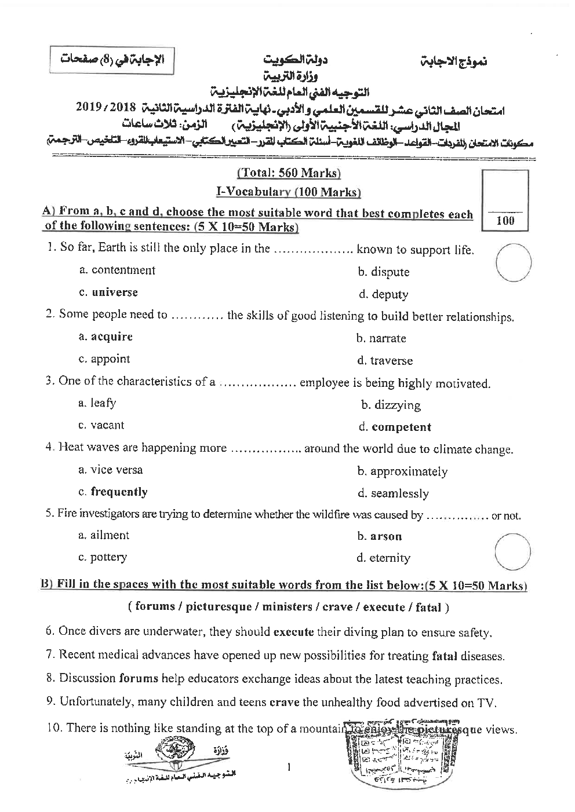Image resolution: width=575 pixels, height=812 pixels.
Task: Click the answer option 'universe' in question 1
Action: (x=114, y=292)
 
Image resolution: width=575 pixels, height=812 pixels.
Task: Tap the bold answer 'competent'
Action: (x=401, y=427)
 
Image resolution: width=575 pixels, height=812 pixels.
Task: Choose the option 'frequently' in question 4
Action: (x=119, y=492)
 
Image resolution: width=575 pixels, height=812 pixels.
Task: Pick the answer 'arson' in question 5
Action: (x=385, y=536)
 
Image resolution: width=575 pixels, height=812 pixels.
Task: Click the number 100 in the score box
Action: (x=505, y=221)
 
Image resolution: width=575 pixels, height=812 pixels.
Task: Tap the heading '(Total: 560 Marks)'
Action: (x=289, y=173)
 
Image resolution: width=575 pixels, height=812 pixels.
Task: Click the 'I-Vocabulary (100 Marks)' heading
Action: (x=288, y=192)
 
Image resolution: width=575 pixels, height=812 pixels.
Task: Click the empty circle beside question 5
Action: (x=513, y=552)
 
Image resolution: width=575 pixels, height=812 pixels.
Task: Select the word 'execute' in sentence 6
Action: (x=293, y=632)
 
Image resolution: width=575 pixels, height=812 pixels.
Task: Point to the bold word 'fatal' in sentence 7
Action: (x=445, y=656)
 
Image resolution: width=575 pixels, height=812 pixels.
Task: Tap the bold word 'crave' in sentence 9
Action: (x=285, y=703)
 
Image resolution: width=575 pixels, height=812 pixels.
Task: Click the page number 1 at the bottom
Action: (x=288, y=768)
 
